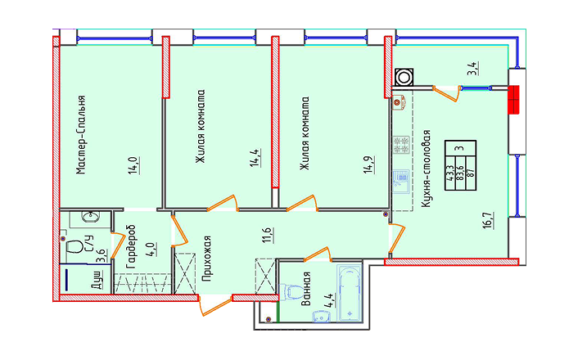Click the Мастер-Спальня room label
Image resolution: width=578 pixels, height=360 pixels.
(x=81, y=135)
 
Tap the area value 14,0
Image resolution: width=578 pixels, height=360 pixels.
(x=134, y=165)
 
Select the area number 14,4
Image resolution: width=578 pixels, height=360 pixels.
(x=255, y=158)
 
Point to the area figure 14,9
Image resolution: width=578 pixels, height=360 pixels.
(x=369, y=164)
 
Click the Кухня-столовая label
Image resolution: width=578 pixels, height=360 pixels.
(x=427, y=169)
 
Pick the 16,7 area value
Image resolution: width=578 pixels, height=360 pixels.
(x=489, y=220)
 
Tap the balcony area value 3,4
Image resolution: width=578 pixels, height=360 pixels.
(x=473, y=69)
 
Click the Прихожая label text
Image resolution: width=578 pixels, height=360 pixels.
(x=207, y=259)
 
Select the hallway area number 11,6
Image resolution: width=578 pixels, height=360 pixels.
(x=268, y=235)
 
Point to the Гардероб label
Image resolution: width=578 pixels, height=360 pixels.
(x=131, y=246)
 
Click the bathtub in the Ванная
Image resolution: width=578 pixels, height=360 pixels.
(x=350, y=294)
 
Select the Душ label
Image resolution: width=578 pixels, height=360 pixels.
(x=97, y=280)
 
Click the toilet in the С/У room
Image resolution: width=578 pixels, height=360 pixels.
(x=75, y=246)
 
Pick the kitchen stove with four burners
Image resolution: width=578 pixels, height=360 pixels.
(x=401, y=145)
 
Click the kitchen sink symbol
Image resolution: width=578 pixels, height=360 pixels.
(x=400, y=182)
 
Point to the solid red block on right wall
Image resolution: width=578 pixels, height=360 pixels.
(x=513, y=100)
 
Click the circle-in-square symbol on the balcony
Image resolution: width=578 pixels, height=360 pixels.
(x=404, y=78)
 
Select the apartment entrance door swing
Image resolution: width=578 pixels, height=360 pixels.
(x=215, y=305)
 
